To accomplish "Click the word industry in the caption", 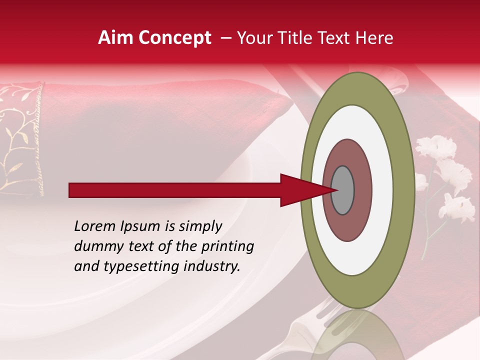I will (x=212, y=266).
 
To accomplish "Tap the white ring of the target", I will (x=382, y=190).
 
